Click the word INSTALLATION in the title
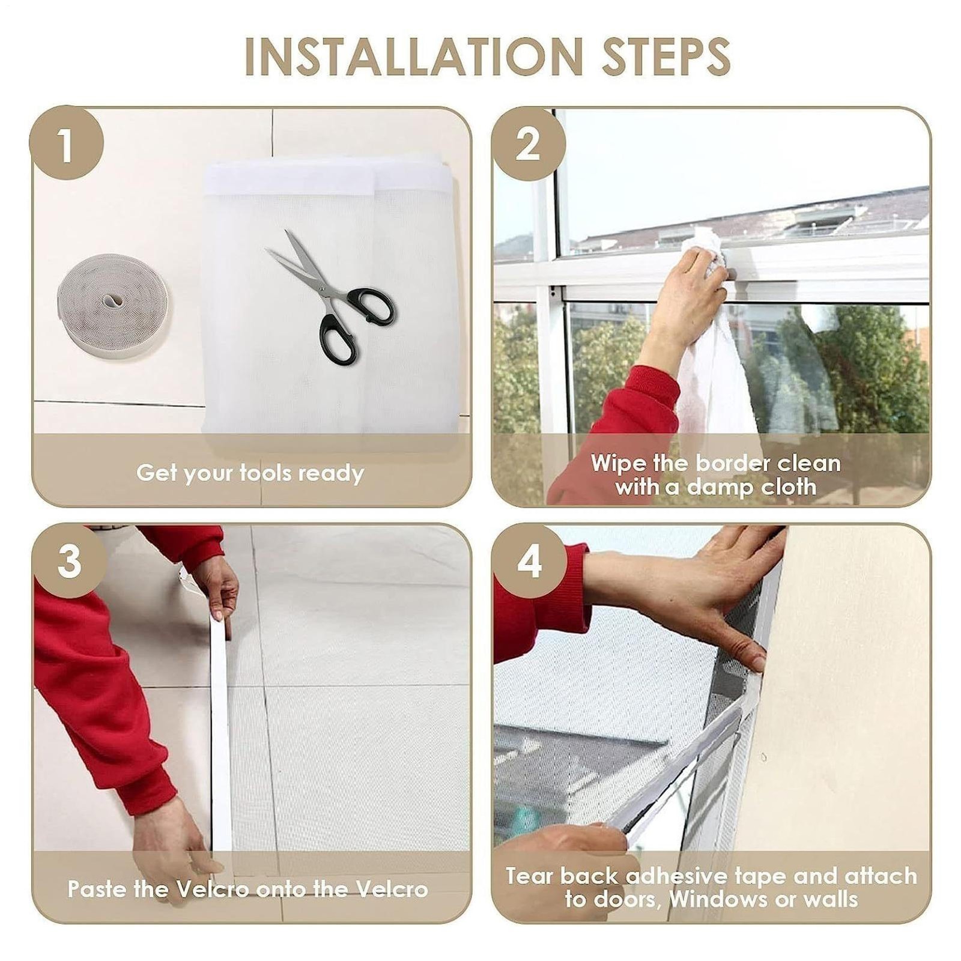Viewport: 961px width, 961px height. click(414, 56)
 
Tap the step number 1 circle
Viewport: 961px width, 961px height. click(66, 143)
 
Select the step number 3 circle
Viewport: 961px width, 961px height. click(69, 561)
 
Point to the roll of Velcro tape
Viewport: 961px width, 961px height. click(112, 305)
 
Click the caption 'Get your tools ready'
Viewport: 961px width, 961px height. click(250, 473)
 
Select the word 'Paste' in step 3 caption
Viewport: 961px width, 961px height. click(97, 888)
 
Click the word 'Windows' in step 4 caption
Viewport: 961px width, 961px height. click(714, 899)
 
